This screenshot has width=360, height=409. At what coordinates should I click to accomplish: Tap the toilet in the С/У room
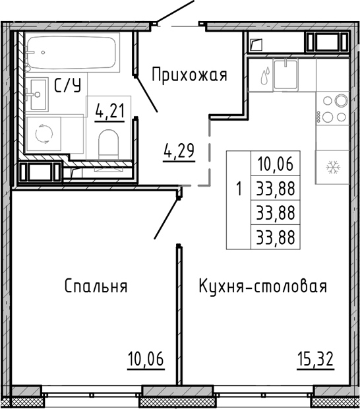coord(106,142)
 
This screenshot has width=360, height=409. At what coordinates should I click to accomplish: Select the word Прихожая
coord(189,75)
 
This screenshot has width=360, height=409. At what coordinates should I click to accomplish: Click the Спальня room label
coord(96,286)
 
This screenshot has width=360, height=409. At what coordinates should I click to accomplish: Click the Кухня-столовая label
coord(262,286)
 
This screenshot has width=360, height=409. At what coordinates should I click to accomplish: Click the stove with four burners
coord(333,109)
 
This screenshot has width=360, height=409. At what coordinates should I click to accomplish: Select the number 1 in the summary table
coord(238,190)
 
